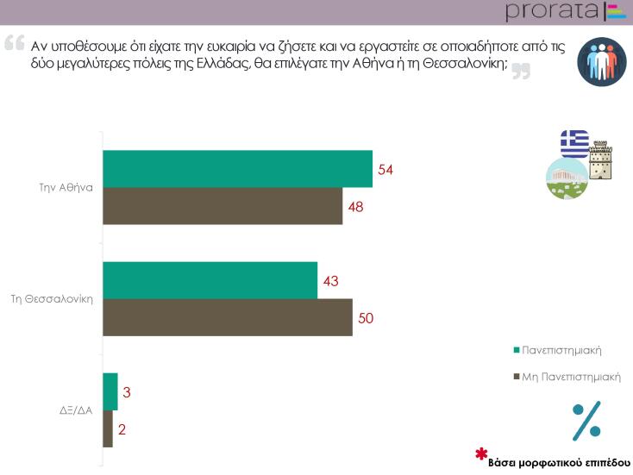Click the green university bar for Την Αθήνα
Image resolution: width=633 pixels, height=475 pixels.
click(x=237, y=169)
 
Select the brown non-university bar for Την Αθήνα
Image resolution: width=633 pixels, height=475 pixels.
click(x=222, y=206)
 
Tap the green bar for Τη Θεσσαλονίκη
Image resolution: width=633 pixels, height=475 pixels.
click(x=210, y=280)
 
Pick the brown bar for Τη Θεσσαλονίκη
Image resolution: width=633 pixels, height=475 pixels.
click(x=228, y=317)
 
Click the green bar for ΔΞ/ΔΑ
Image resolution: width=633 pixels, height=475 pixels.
click(x=110, y=392)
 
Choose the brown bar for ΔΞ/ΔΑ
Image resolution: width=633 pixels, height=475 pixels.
click(x=108, y=429)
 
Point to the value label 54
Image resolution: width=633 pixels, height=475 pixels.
click(x=385, y=169)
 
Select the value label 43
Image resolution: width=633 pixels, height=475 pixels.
click(x=330, y=280)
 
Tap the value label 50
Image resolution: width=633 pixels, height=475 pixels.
click(x=366, y=318)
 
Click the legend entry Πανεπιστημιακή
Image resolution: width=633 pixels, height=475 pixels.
click(x=561, y=350)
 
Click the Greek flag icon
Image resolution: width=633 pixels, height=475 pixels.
click(x=574, y=142)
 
